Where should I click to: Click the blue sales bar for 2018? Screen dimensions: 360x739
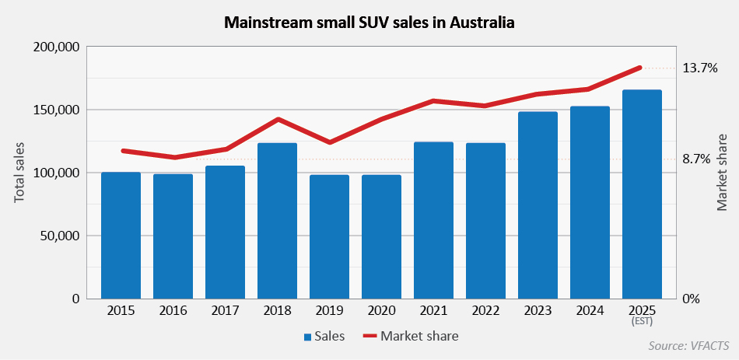[x=277, y=221]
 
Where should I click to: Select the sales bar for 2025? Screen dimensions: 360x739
[x=642, y=194]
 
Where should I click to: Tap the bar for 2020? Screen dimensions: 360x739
[x=381, y=236]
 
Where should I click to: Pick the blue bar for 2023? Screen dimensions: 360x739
[x=538, y=205]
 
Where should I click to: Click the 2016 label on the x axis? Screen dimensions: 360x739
[x=173, y=311]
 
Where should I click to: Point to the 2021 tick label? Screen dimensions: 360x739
[x=433, y=311]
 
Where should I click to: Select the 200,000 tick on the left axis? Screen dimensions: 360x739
[x=58, y=47]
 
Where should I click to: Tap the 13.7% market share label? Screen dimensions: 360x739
[x=699, y=68]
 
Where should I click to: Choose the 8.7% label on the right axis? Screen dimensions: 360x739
[x=696, y=159]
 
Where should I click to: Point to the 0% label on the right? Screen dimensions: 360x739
[x=692, y=299]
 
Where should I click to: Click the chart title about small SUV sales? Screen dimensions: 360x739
[x=369, y=23]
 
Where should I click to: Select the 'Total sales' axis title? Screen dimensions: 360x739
[x=19, y=173]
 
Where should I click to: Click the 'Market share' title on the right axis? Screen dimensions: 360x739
[x=722, y=173]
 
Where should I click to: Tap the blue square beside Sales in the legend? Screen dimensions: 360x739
[x=308, y=337]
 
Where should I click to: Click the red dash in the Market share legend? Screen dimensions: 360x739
[x=369, y=337]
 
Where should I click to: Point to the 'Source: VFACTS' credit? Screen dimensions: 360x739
[x=689, y=344]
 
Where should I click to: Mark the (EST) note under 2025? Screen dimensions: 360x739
[x=642, y=321]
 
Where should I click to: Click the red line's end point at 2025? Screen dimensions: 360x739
[x=640, y=68]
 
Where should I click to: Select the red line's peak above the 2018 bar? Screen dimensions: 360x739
[x=278, y=119]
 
